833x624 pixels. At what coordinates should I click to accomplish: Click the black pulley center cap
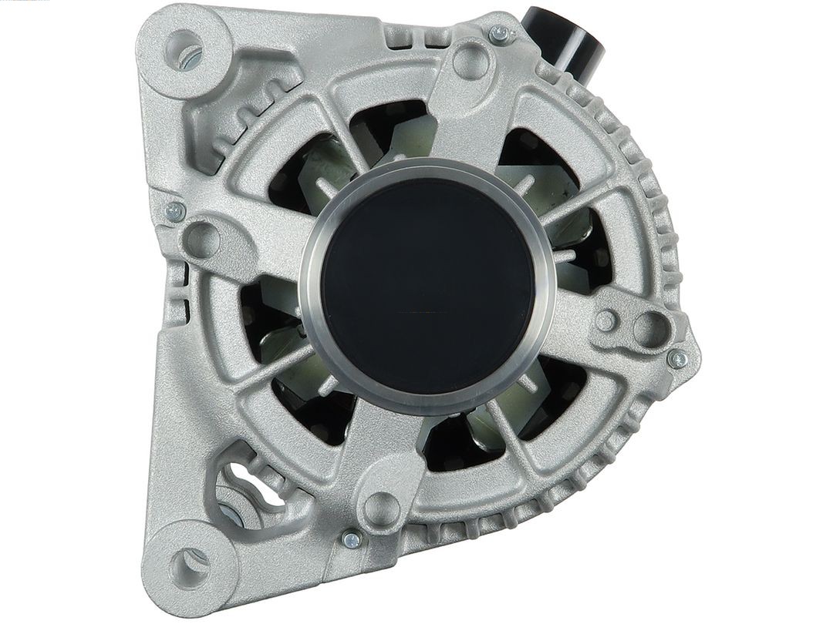(x=427, y=285)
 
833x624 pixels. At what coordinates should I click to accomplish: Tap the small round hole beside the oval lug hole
(x=607, y=321)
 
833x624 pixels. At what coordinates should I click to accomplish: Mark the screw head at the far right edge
(x=677, y=357)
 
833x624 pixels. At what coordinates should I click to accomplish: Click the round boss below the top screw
(x=469, y=58)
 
